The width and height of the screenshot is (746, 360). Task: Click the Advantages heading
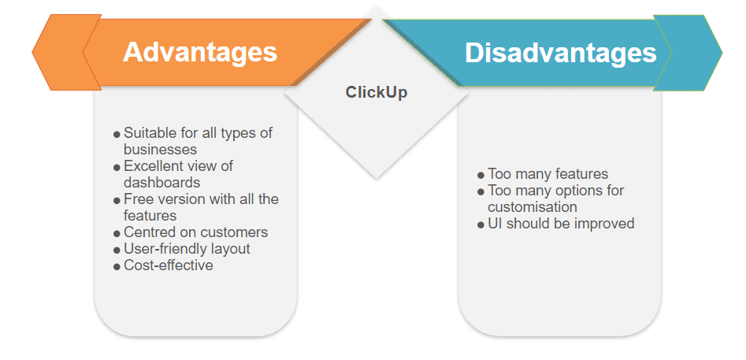pos(200,52)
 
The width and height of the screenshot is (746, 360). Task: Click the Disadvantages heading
pos(560,52)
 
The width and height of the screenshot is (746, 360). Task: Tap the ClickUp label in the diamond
pos(377,92)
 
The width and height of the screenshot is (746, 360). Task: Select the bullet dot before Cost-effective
pos(117,266)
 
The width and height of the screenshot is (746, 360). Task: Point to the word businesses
pos(161,150)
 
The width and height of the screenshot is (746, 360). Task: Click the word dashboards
pos(161,182)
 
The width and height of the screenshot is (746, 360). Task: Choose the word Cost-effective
pos(169,265)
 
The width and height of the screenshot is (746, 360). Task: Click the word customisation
pos(533,207)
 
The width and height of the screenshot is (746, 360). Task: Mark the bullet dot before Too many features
pos(481,176)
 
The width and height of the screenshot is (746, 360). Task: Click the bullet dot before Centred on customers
pos(117,233)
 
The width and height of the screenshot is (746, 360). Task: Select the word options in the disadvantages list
pos(573,191)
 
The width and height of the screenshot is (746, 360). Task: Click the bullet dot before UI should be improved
pos(481,225)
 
